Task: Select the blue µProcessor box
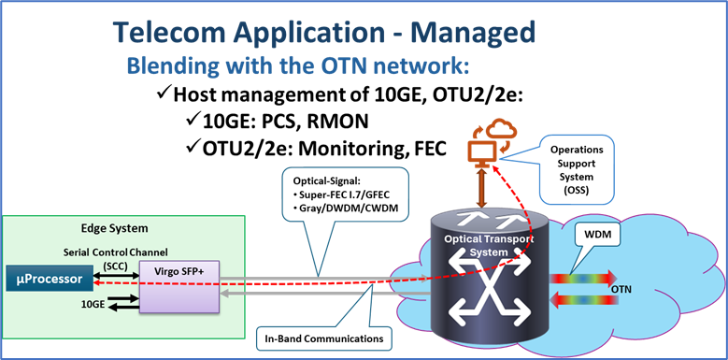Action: pyautogui.click(x=54, y=279)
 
